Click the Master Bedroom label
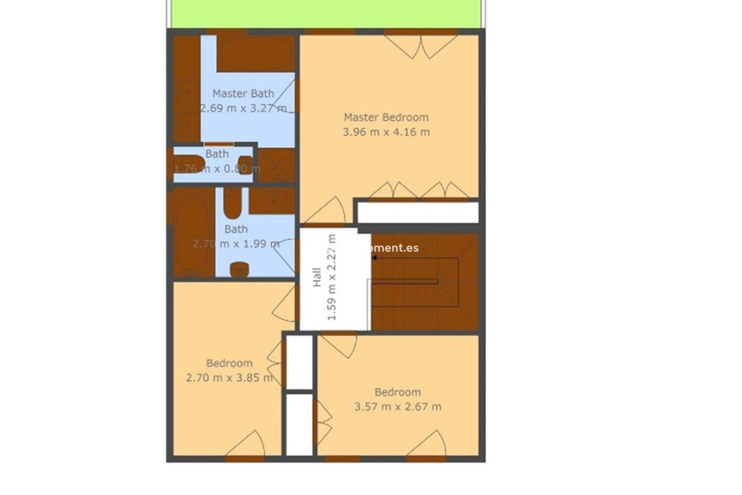click(386, 117)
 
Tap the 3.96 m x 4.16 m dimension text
click(386, 132)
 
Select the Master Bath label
click(243, 94)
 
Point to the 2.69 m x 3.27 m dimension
click(243, 108)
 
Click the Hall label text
click(317, 277)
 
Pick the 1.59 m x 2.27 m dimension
click(332, 277)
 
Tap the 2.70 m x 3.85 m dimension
click(229, 377)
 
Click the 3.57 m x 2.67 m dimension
click(398, 406)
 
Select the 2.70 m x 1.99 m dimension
click(236, 244)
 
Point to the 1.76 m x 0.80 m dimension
click(217, 169)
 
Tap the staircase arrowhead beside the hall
click(374, 258)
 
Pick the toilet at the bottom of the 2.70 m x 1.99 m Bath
click(239, 269)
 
